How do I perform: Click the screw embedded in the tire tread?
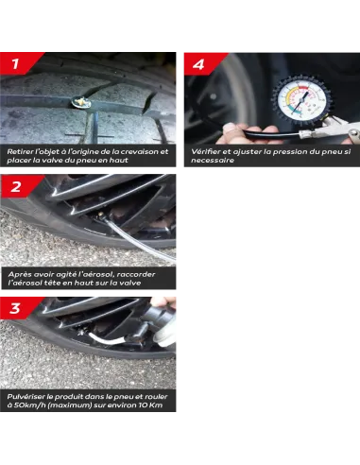[81, 102]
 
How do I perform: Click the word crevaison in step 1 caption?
[140, 151]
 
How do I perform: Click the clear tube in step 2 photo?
[139, 241]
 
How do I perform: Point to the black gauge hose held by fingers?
[271, 133]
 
